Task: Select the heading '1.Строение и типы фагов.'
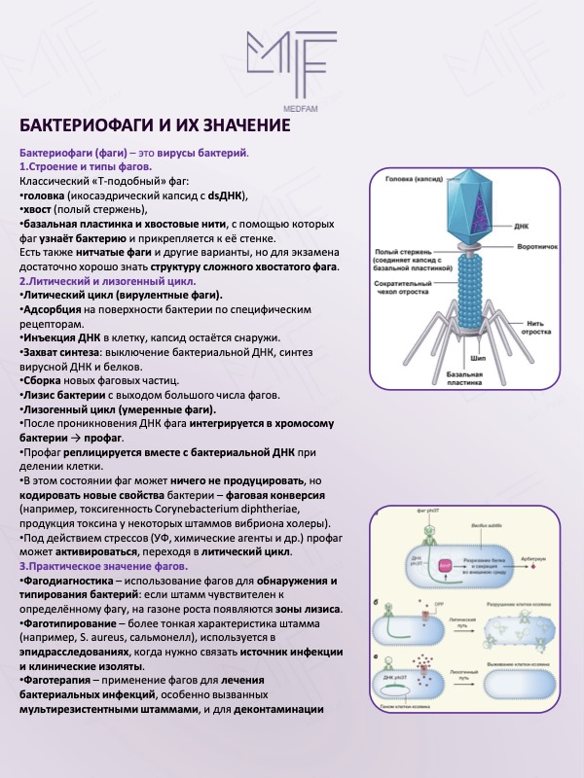click(x=84, y=167)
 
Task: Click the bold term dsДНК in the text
click(x=230, y=194)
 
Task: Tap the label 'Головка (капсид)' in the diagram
click(x=415, y=179)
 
